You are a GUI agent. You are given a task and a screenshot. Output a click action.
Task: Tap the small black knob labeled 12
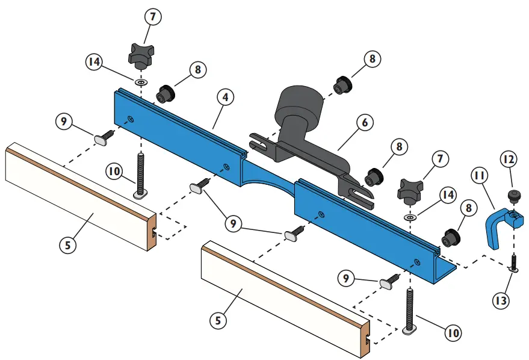(x=513, y=196)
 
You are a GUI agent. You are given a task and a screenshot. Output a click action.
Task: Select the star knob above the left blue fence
(x=140, y=56)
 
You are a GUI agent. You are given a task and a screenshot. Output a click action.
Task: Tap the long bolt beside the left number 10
(x=141, y=174)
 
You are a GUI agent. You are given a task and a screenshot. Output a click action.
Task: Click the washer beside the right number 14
(x=409, y=216)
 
